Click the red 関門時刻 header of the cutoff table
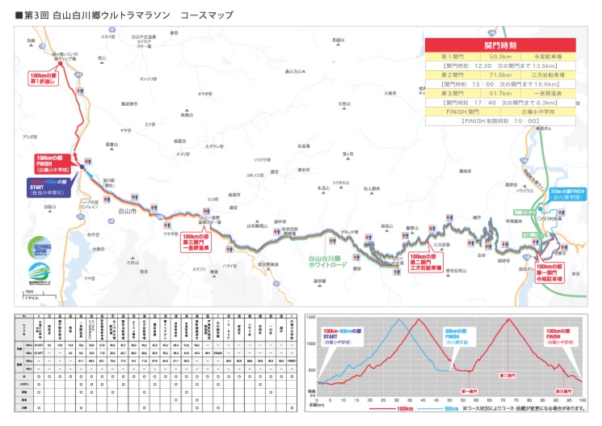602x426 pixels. (x=499, y=46)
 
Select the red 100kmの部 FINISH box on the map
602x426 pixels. (x=53, y=163)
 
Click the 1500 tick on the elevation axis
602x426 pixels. (x=311, y=320)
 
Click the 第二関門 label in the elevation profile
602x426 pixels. (x=507, y=375)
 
